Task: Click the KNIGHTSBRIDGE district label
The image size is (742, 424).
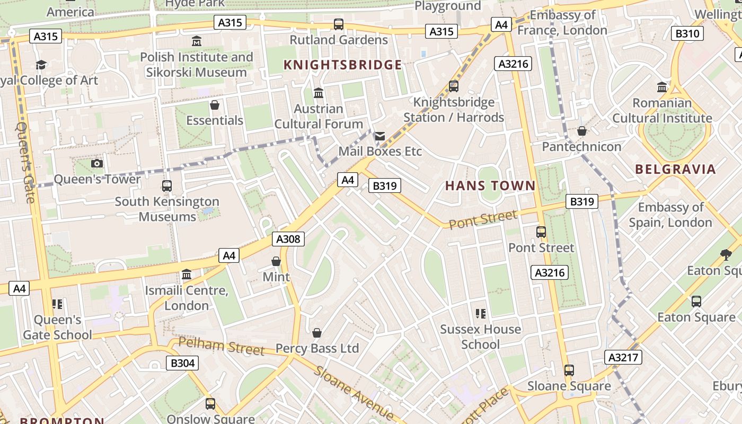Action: click(342, 65)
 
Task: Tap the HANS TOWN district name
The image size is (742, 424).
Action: click(490, 186)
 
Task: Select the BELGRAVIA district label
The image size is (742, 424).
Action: click(675, 170)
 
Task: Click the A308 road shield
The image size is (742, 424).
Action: click(288, 239)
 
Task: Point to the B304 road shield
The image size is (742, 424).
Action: click(182, 363)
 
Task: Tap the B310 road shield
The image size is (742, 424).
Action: click(687, 34)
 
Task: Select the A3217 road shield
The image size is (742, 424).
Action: click(623, 357)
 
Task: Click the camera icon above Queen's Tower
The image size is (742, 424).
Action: click(97, 163)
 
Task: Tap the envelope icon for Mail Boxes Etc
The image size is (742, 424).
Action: click(379, 136)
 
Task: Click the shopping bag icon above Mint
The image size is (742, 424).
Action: click(276, 261)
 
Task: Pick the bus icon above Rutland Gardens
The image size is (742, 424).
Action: click(338, 24)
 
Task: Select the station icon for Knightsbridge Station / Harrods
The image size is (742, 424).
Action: click(453, 86)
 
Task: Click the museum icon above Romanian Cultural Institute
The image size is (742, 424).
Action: click(662, 87)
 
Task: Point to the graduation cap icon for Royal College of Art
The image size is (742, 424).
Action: click(41, 65)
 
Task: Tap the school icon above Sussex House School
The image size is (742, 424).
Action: click(480, 314)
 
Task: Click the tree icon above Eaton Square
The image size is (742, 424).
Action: click(726, 255)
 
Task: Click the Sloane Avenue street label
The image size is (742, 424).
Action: click(352, 392)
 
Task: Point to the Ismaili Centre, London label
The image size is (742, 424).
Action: click(187, 298)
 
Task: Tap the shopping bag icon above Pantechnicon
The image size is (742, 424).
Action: click(581, 131)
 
